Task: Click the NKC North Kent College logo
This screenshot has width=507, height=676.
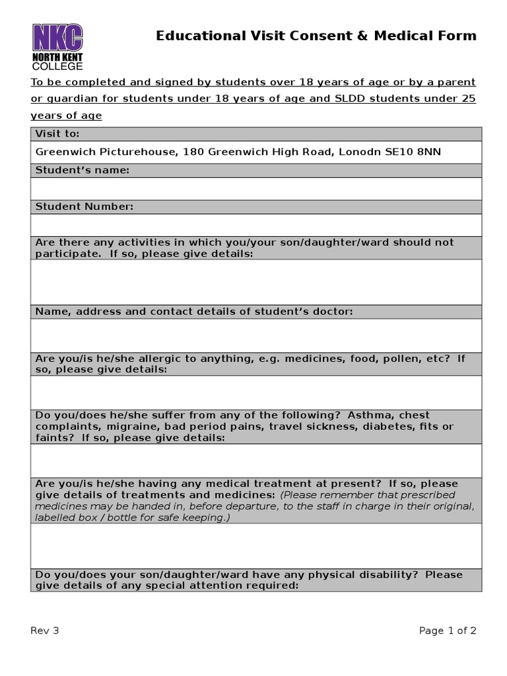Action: (58, 46)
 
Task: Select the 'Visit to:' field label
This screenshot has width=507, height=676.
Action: (57, 134)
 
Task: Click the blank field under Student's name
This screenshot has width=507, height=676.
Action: (256, 188)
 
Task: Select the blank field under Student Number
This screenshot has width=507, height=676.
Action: (256, 224)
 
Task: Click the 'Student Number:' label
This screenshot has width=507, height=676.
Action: (84, 207)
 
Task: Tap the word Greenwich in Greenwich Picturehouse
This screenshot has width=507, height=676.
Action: (63, 152)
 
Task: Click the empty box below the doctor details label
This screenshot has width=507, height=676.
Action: (256, 335)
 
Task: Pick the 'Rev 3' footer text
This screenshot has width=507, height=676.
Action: (45, 630)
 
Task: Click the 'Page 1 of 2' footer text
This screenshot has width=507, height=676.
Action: (448, 630)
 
